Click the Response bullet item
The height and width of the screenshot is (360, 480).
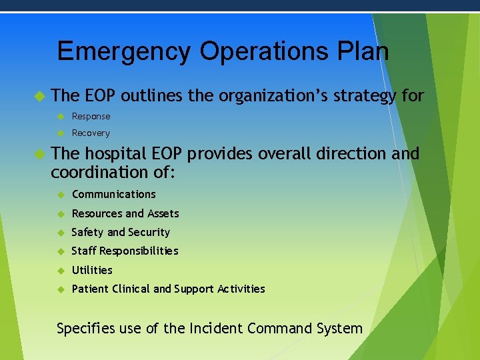point(91,116)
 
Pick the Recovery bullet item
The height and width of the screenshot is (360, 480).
point(91,133)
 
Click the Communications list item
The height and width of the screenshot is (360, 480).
point(113,195)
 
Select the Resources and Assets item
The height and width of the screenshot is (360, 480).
point(125,213)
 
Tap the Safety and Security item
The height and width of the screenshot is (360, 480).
point(121,232)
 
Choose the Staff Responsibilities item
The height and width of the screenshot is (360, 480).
point(125,251)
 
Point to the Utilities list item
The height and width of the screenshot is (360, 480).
point(92,270)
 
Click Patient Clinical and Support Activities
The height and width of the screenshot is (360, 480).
point(168,289)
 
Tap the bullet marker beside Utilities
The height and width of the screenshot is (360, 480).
point(59,271)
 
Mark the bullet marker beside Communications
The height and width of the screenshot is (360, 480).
point(59,195)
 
